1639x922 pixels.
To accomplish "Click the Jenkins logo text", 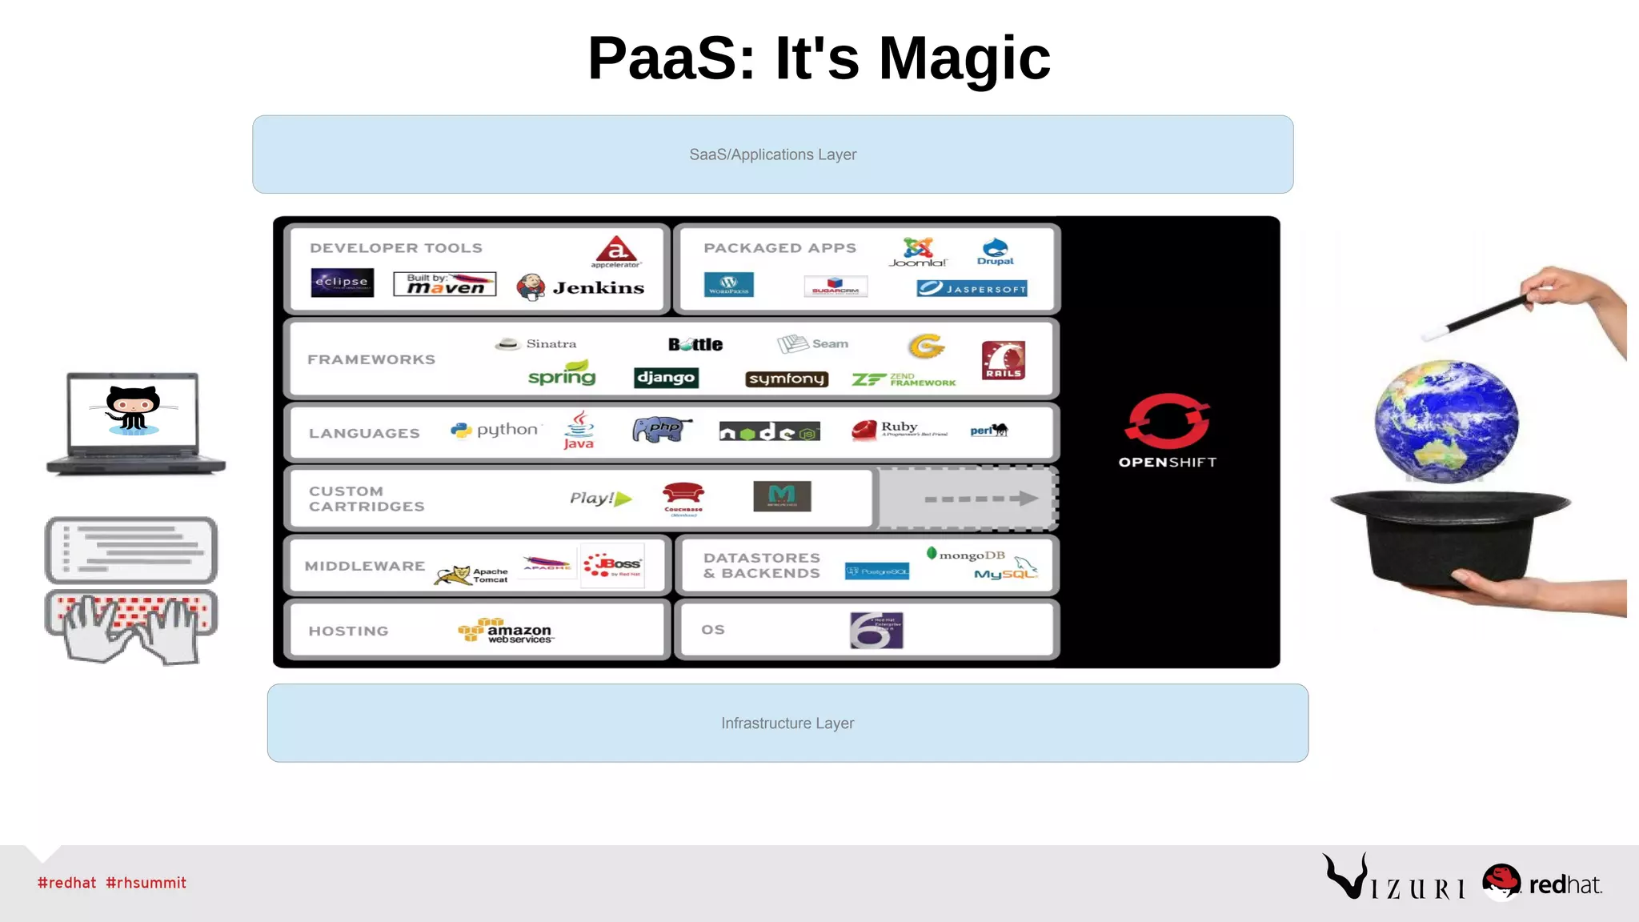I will click(x=598, y=288).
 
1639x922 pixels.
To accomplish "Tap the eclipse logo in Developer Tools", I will click(x=342, y=282).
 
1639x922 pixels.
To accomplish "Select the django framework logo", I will click(x=666, y=378).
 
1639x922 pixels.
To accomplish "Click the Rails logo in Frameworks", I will click(x=1003, y=360).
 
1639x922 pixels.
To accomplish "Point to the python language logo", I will click(x=496, y=430).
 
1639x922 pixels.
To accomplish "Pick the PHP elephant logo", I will click(x=661, y=430).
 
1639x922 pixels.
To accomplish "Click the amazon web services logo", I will click(x=506, y=631).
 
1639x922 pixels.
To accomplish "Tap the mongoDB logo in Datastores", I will click(x=966, y=555).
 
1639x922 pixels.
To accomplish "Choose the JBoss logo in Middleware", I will click(x=614, y=566).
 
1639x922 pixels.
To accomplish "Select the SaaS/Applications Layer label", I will click(x=772, y=154).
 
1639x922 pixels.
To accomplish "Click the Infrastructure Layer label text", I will click(x=787, y=724).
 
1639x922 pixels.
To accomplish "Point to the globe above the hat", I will click(x=1446, y=421).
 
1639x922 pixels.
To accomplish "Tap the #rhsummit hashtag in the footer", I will click(x=146, y=883).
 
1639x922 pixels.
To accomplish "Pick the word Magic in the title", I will click(x=964, y=58).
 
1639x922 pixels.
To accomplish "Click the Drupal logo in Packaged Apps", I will click(x=995, y=252).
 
